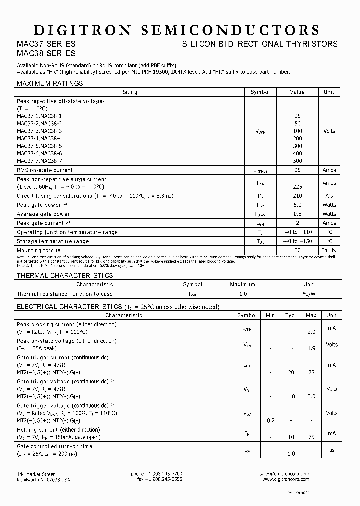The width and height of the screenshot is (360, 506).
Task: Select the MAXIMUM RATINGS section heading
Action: point(50,83)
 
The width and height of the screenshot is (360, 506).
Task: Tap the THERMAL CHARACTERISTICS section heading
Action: point(65,275)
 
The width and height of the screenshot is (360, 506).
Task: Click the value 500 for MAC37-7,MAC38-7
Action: point(298,161)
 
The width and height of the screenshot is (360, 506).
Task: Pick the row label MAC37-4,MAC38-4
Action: point(39,138)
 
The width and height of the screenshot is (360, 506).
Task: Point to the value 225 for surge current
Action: point(298,187)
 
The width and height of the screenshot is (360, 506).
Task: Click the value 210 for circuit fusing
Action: point(298,196)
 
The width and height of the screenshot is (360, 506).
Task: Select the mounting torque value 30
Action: point(298,250)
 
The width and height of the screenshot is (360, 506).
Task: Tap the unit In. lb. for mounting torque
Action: point(329,250)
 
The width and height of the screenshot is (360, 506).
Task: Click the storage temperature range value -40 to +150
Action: point(298,241)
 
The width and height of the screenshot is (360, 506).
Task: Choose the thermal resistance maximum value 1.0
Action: point(242,294)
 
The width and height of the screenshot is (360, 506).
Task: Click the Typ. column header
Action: point(291,315)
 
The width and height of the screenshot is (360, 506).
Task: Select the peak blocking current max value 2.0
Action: point(311,331)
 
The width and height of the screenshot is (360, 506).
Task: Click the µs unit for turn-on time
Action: point(331,449)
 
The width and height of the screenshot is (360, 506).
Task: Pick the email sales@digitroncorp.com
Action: point(285,474)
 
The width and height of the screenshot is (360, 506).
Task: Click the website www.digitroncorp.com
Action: point(286,479)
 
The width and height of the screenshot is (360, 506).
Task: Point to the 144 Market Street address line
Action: point(36,474)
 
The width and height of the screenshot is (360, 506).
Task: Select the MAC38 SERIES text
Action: point(46,53)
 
